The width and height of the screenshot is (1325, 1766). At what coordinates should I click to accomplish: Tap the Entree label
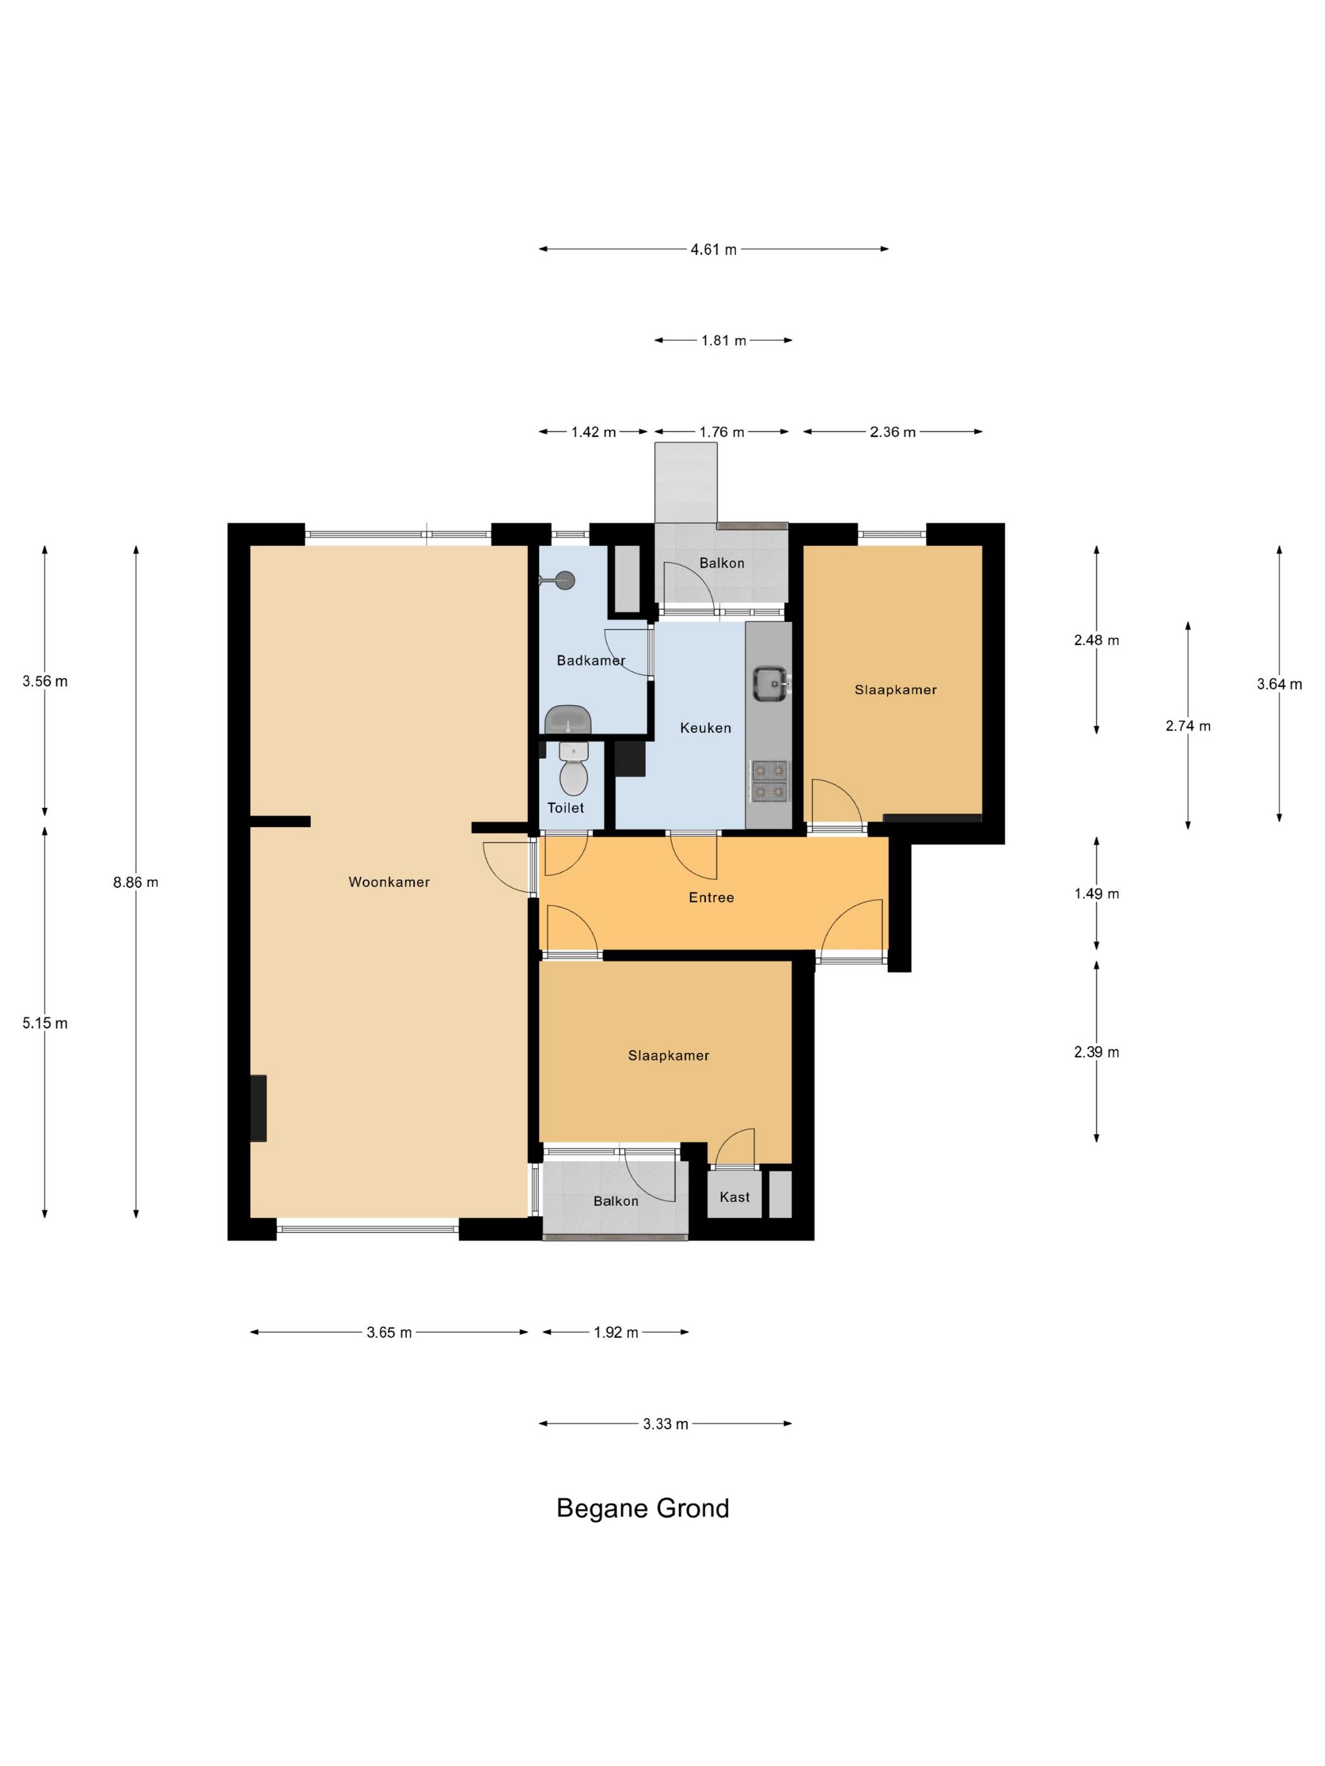[x=711, y=898]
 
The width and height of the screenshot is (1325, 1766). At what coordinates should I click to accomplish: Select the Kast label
[x=734, y=1196]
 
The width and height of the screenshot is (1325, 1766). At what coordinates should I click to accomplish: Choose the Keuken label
[x=705, y=728]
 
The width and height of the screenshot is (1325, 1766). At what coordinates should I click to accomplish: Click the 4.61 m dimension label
[x=713, y=249]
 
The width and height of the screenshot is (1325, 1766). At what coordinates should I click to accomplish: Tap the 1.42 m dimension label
[x=594, y=432]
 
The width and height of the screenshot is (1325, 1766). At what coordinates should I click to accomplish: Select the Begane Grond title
[x=643, y=1508]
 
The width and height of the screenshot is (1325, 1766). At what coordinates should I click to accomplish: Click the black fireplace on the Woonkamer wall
[x=258, y=1108]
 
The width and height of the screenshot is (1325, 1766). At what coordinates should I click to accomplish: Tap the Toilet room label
[x=565, y=808]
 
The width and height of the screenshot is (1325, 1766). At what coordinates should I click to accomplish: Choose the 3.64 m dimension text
[x=1280, y=684]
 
